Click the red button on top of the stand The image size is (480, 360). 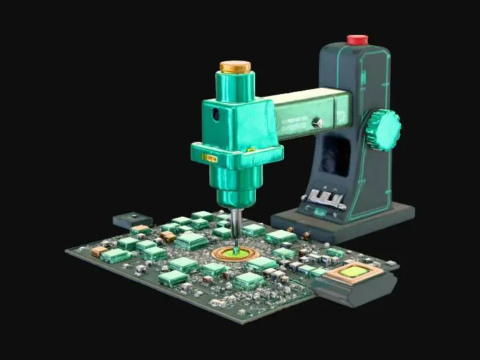pos(357,40)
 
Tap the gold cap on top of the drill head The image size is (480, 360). pos(235,67)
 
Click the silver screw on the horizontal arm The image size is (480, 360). pos(317,122)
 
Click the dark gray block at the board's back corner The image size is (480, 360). pos(130,219)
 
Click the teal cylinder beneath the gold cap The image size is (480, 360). pos(235,85)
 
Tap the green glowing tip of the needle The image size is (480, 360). pos(235,252)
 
